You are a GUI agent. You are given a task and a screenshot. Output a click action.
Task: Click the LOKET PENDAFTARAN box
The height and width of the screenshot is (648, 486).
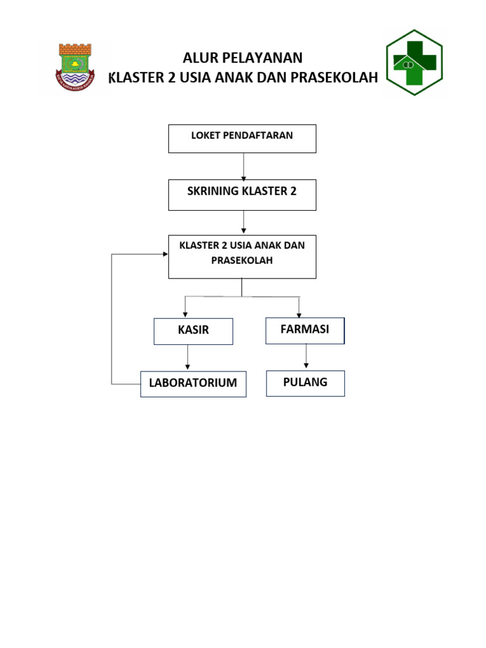[242, 139]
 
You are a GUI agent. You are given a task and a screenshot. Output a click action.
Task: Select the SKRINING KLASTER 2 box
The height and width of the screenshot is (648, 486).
[242, 195]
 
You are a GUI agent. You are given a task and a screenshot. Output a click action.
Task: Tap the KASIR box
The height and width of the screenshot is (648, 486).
[193, 331]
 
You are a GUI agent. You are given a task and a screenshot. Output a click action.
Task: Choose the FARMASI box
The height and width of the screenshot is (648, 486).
[305, 330]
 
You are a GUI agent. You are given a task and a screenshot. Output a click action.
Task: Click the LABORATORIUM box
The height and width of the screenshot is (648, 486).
[193, 383]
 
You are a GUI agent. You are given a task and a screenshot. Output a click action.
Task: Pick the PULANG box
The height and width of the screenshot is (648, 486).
[305, 383]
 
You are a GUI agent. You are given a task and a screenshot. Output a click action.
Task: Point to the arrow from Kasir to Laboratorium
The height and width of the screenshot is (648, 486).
[187, 358]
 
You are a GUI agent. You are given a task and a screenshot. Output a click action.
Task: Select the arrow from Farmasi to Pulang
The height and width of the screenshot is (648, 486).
[306, 356]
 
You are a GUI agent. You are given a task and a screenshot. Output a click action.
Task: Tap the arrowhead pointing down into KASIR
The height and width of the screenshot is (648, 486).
[185, 314]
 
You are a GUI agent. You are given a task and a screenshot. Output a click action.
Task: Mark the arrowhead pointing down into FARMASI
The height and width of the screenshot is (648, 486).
[299, 314]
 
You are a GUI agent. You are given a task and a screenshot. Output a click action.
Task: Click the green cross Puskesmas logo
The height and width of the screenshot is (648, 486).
[414, 62]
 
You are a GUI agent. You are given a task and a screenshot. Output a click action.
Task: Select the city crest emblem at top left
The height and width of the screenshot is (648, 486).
[75, 66]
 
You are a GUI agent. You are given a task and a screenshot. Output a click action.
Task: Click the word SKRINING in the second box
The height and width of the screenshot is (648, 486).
[213, 191]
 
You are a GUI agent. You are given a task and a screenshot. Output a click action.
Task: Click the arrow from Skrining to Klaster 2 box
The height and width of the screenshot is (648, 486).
[244, 222]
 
